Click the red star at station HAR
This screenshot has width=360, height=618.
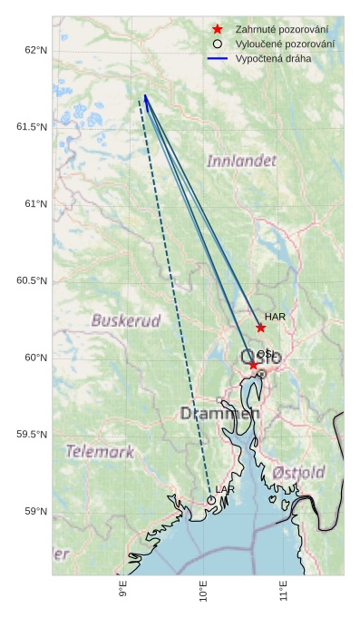click(x=260, y=328)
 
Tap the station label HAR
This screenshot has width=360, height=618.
click(x=276, y=317)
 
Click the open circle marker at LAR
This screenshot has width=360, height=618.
click(x=211, y=500)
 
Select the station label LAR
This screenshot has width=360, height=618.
click(x=225, y=490)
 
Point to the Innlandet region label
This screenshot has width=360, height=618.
click(x=241, y=161)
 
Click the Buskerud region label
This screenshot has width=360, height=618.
click(x=126, y=320)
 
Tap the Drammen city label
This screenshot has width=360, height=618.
click(x=219, y=414)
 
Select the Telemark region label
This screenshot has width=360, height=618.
click(x=100, y=451)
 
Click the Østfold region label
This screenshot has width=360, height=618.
click(x=298, y=473)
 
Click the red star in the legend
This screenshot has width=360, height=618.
click(x=218, y=30)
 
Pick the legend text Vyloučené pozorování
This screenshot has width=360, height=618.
click(x=284, y=44)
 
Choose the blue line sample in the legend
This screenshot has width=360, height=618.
click(x=218, y=58)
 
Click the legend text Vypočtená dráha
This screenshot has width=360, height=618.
click(x=273, y=58)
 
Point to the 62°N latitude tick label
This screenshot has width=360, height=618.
click(x=34, y=50)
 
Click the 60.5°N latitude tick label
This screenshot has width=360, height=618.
click(x=31, y=281)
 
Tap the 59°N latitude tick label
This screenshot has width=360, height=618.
click(x=34, y=512)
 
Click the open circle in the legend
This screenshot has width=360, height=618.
click(x=218, y=44)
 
